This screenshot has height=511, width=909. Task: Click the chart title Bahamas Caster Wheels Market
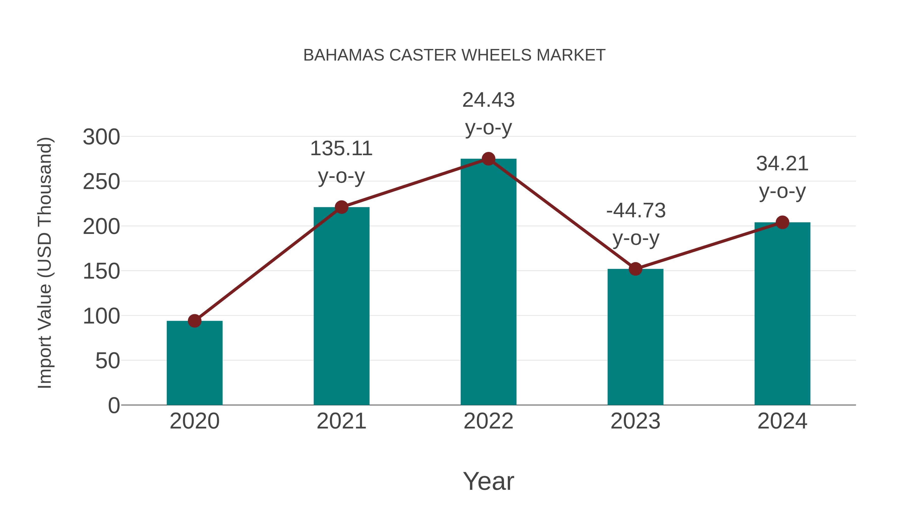coord(454,55)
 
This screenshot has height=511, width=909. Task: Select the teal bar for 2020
coord(194,363)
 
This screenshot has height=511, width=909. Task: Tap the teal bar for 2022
coord(488,282)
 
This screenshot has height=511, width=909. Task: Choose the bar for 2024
coord(782,314)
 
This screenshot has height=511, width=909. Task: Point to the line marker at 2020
coord(194,321)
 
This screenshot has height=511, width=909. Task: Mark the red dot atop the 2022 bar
coord(488,159)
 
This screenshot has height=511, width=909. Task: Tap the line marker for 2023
coord(635,269)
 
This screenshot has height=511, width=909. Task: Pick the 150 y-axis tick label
coord(101,271)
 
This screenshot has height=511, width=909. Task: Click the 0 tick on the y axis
coord(114,406)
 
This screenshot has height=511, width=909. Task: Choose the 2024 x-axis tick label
coord(782,421)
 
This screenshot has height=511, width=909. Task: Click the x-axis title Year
coord(488,481)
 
